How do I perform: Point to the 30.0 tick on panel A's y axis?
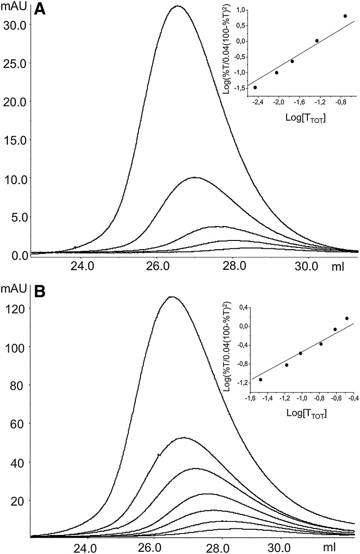15,25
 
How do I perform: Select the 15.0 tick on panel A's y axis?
15,140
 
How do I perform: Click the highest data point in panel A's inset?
345,16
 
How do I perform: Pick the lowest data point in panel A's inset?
255,87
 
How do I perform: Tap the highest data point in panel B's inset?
347,318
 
